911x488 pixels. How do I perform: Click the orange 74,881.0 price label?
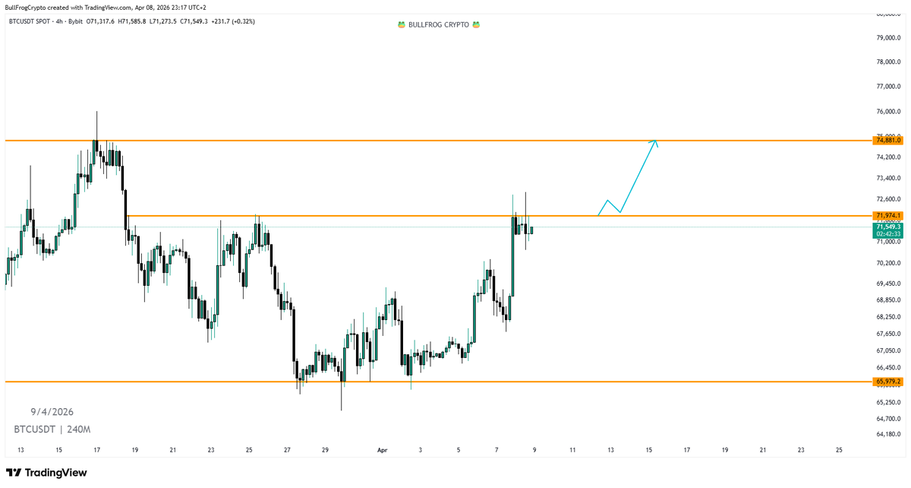(887, 141)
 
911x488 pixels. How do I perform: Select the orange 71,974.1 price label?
(887, 216)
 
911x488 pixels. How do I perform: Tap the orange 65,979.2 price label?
(887, 381)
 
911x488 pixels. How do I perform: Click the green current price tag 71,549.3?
(887, 227)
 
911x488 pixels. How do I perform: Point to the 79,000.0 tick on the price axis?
(888, 37)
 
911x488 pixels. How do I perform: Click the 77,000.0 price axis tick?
(888, 87)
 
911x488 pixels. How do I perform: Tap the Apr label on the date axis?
(383, 450)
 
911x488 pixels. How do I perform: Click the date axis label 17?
(97, 450)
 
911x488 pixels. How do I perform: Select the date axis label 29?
(325, 450)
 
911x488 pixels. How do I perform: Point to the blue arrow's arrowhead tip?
(656, 141)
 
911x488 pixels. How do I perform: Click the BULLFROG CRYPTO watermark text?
(440, 24)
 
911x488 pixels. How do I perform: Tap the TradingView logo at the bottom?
(47, 473)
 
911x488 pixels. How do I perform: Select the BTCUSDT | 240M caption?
(48, 429)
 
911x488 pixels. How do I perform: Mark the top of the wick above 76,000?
(97, 111)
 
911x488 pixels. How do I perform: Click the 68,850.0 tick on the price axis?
(888, 300)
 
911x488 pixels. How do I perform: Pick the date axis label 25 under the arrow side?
(839, 450)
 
